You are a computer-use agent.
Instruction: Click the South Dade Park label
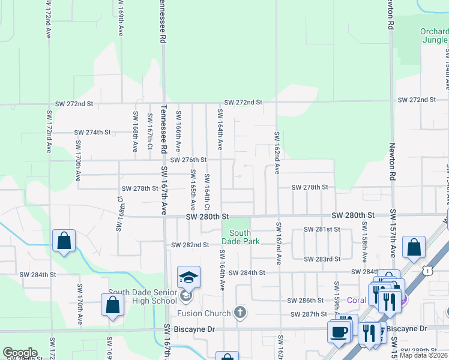coord(240,237)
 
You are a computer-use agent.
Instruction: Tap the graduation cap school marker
coord(188,277)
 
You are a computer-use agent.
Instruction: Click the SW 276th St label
coord(188,160)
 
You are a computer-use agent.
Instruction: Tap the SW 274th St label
coord(92,132)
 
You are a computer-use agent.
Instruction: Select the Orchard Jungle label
coord(434,35)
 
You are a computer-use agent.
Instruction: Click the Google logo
coord(20,353)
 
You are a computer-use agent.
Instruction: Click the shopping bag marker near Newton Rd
coord(414,247)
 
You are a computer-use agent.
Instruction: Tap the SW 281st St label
coord(322,229)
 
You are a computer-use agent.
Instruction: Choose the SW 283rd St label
coord(322,259)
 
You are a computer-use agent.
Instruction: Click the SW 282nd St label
coord(190,245)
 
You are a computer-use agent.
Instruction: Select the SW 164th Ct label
coord(206,187)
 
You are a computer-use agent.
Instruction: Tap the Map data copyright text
coord(423,355)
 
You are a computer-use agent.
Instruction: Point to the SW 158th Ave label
coord(364,242)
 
